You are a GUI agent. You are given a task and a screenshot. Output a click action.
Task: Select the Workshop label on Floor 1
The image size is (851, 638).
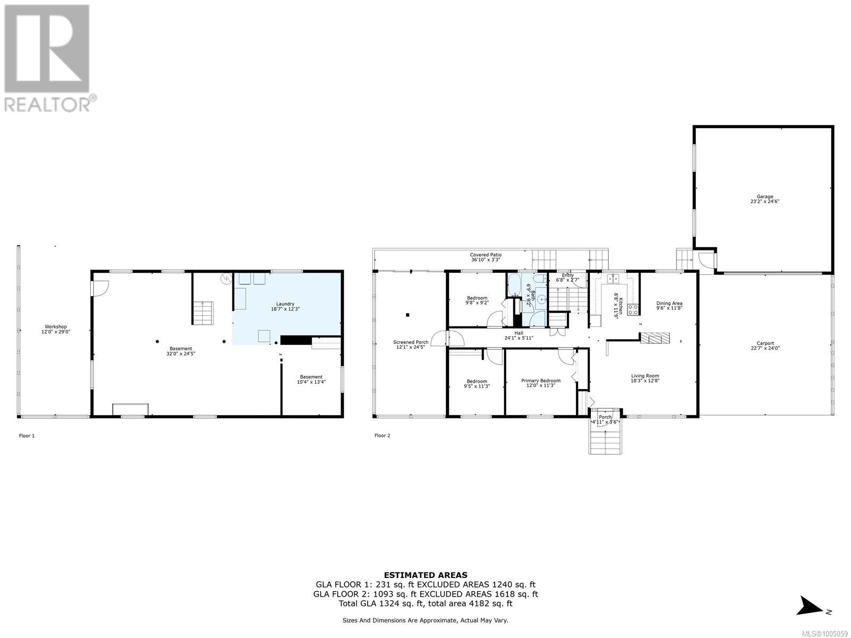coord(55,327)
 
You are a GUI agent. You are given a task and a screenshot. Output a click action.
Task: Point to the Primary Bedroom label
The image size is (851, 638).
coord(540,381)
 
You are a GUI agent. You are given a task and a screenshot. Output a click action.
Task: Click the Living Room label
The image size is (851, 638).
coord(645,376)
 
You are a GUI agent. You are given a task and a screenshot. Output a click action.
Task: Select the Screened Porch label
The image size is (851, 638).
coord(410,342)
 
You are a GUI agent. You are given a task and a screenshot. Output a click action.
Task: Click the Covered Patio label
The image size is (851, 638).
coord(485,255)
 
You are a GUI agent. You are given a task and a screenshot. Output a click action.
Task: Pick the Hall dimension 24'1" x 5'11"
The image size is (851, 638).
coord(518,338)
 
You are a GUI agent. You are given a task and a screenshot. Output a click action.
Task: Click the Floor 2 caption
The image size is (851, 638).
coord(382,435)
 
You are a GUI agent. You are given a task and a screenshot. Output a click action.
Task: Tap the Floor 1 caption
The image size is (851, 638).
coord(27,435)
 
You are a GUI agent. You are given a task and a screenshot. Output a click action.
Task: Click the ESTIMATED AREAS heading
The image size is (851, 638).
coord(425,575)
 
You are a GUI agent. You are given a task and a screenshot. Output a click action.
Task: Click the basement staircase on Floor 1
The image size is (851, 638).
coord(203,313)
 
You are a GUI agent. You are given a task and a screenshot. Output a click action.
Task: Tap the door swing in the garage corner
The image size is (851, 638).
coord(706,261)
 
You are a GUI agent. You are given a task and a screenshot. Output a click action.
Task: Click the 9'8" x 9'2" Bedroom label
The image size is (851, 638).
coord(477,300)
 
